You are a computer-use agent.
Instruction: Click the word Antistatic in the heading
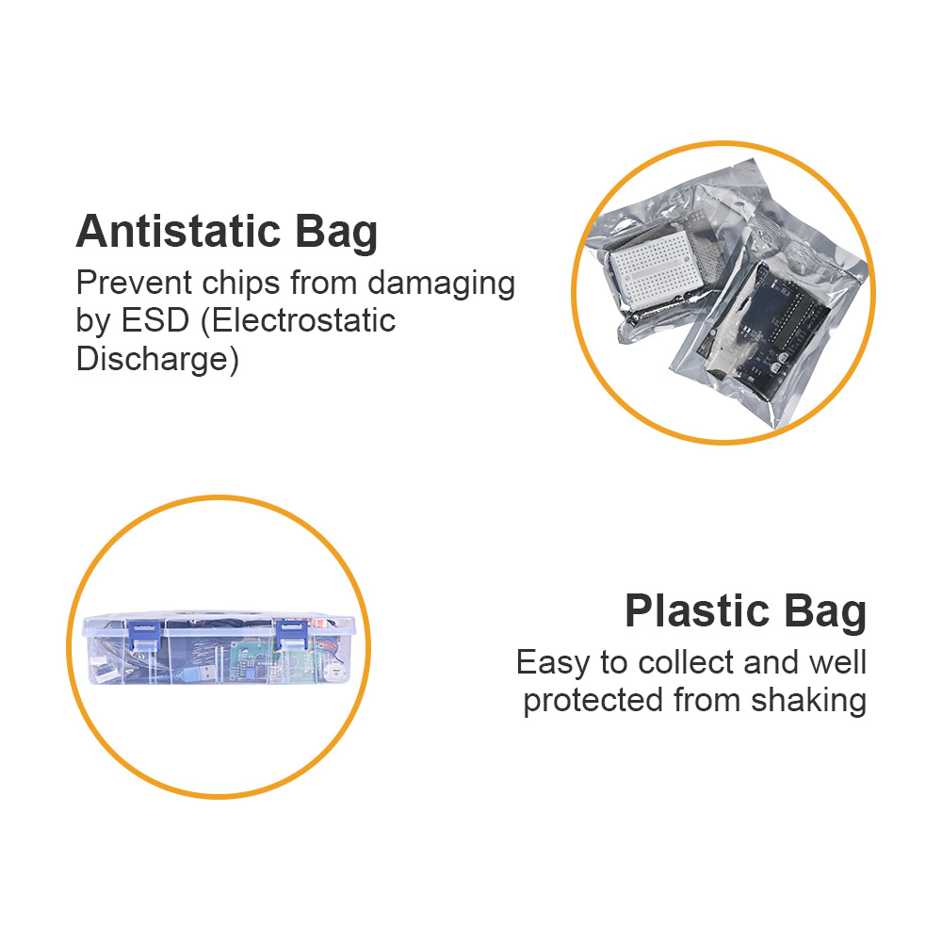(178, 232)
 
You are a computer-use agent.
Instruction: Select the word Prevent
(134, 283)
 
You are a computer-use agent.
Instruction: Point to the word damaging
(442, 284)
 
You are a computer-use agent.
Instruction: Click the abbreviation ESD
(155, 320)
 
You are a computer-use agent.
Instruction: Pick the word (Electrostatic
(298, 321)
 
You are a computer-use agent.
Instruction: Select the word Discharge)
(157, 359)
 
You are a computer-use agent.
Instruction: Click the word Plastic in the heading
(697, 611)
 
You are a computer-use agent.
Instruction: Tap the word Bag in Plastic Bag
(824, 613)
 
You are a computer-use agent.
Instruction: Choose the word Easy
(553, 663)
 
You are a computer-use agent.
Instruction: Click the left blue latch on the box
(143, 635)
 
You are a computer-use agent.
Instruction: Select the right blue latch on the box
(292, 635)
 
